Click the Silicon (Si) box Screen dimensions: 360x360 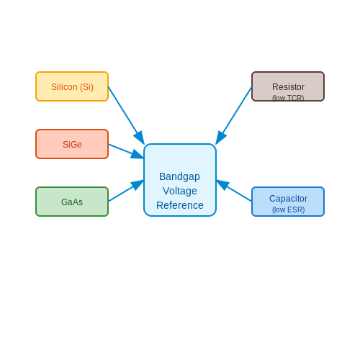72,86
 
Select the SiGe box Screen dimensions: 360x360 72,144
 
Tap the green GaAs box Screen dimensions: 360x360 72,202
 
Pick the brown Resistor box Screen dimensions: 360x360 288,86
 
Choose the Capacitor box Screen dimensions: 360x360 288,202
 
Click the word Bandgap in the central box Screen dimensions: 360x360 179,177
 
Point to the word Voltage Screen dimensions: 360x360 180,191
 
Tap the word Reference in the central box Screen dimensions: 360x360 180,205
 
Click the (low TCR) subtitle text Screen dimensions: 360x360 288,98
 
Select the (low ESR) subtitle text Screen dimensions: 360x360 288,210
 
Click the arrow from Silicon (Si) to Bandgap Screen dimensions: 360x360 126,115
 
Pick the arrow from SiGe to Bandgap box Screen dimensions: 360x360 126,151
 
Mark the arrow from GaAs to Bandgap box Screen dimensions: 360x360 126,191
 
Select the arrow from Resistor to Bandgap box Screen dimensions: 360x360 234,115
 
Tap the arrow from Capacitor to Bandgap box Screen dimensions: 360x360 234,191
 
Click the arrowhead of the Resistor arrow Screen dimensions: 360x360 220,138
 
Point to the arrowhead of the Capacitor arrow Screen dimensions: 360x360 222,184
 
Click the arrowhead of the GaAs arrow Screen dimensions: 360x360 138,184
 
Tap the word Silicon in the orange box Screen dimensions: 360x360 64,87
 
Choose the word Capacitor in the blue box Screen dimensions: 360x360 288,199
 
